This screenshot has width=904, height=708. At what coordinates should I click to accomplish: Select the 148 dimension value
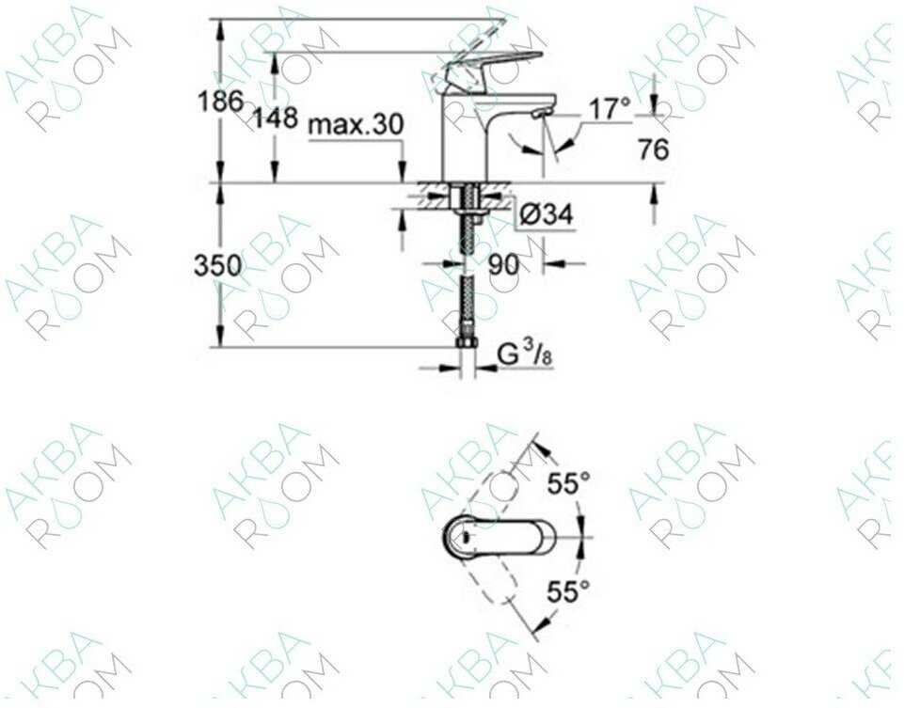[x=276, y=118]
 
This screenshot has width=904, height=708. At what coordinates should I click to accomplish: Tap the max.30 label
[x=356, y=124]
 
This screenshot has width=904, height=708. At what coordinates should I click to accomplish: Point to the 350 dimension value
[x=217, y=266]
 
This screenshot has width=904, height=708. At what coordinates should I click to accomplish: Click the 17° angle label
[x=610, y=109]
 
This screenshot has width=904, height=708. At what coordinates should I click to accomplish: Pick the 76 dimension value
[x=653, y=149]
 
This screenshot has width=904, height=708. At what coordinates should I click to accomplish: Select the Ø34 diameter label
[x=547, y=215]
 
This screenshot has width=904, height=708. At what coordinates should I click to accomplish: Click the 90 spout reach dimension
[x=503, y=265]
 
